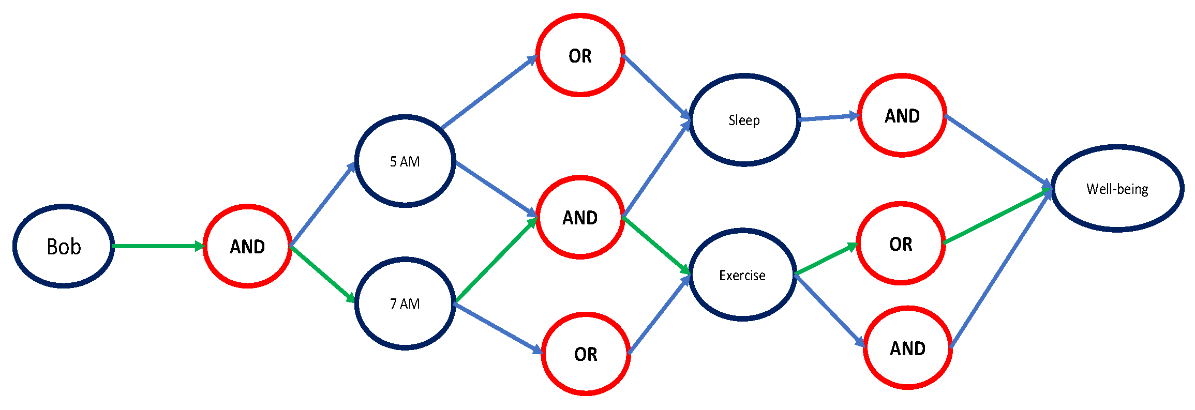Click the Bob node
click(64, 247)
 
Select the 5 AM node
click(405, 161)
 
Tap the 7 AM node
click(405, 303)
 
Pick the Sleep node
click(744, 120)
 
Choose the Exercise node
click(742, 275)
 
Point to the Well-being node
click(1117, 189)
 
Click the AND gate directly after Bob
click(247, 247)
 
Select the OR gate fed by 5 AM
click(580, 56)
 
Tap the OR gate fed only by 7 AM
click(586, 354)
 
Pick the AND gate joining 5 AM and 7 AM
click(580, 218)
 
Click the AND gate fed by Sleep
click(902, 116)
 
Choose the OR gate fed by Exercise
click(901, 244)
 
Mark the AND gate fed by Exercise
click(907, 348)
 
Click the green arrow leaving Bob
click(158, 246)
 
